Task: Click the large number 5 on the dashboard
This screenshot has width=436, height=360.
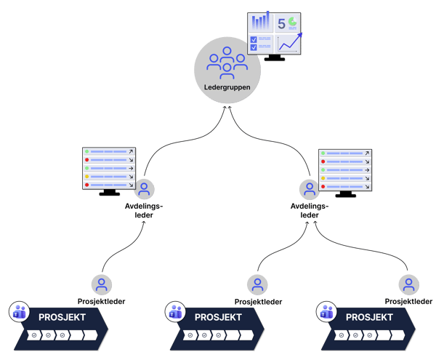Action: coord(281,23)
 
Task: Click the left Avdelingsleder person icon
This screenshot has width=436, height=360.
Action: coord(144,190)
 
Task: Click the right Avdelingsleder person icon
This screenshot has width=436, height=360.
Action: coord(310,190)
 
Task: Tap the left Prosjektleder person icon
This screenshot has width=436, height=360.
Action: coord(102,284)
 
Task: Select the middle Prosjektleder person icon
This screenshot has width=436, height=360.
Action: coord(257,284)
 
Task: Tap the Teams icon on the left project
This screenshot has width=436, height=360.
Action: coord(19,313)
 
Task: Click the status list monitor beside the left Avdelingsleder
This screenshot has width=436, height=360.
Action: coord(109,169)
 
